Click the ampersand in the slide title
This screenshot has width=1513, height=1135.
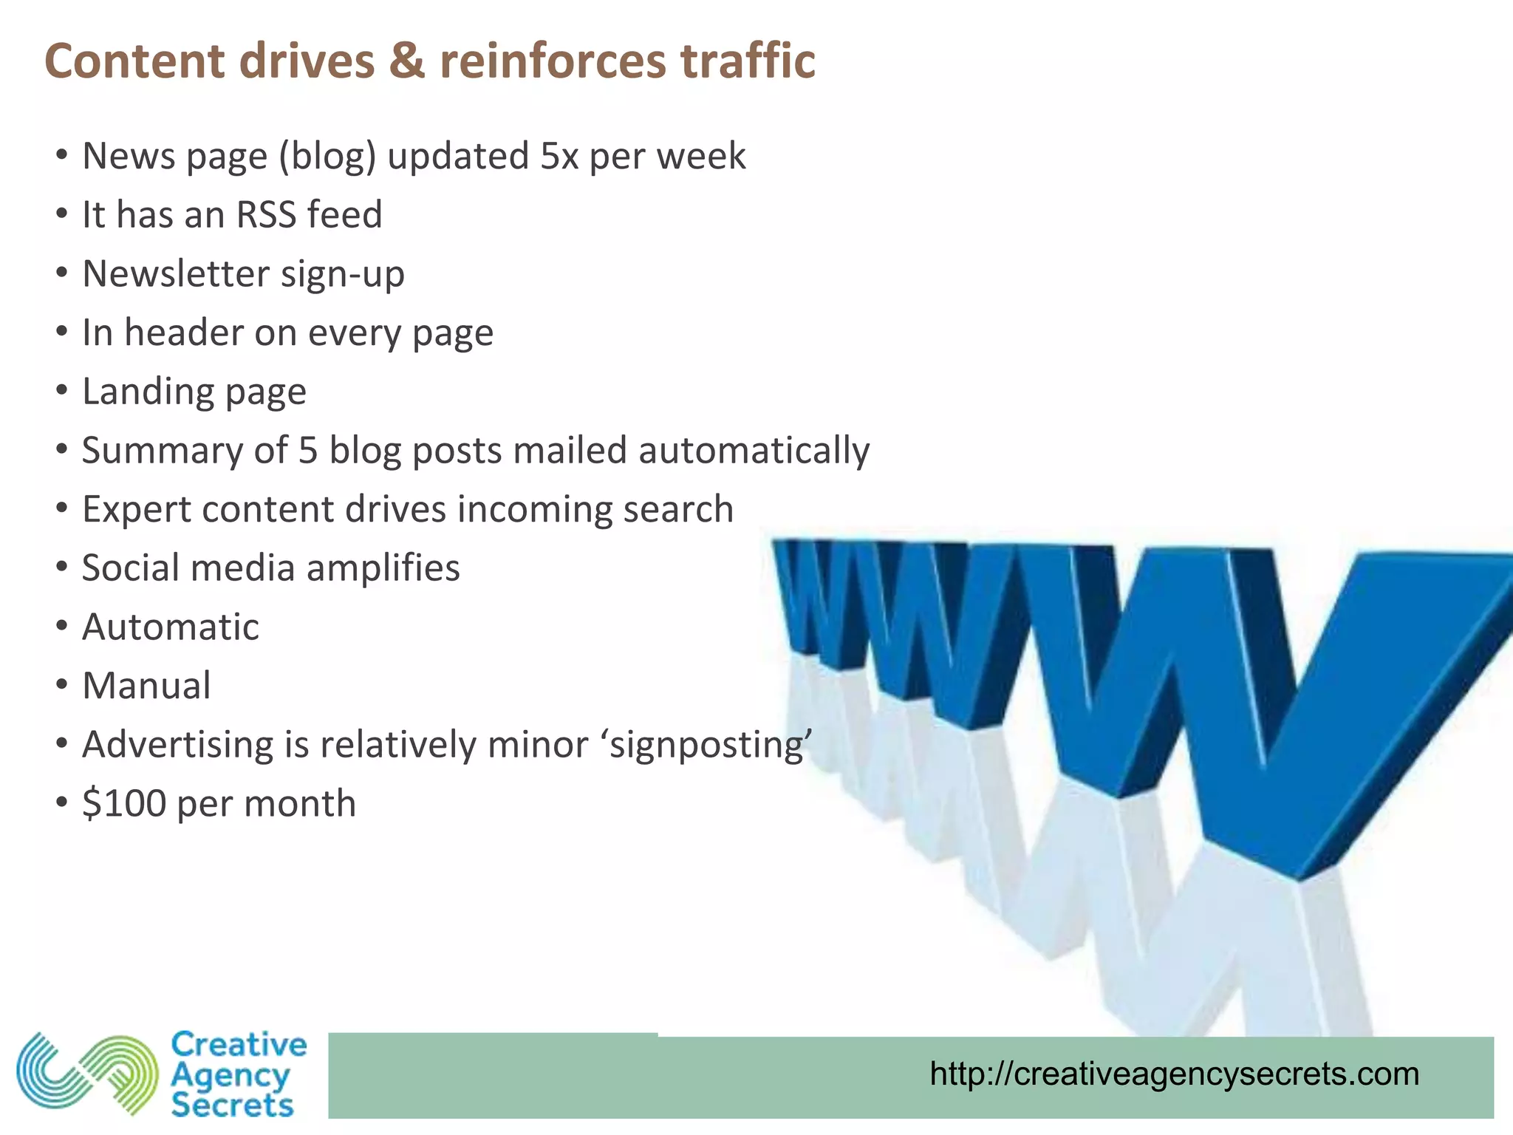pos(407,61)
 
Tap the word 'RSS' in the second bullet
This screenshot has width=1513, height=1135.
pos(266,215)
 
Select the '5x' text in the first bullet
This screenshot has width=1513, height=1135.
pos(559,156)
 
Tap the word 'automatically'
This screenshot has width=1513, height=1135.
pos(754,451)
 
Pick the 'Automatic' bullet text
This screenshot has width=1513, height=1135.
pos(171,627)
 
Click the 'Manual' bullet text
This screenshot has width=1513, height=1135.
pos(146,686)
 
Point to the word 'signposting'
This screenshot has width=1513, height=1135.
pos(709,745)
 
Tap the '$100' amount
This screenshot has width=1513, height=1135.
pos(124,803)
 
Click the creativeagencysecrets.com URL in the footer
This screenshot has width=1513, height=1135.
pos(1174,1074)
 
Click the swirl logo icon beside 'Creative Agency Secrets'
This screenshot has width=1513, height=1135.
pos(87,1074)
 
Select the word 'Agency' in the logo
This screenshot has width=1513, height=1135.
pos(230,1075)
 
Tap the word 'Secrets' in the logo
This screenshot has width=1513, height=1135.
pos(232,1105)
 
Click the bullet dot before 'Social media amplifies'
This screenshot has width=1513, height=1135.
pos(62,568)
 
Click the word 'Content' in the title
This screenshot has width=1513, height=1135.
pos(134,61)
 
